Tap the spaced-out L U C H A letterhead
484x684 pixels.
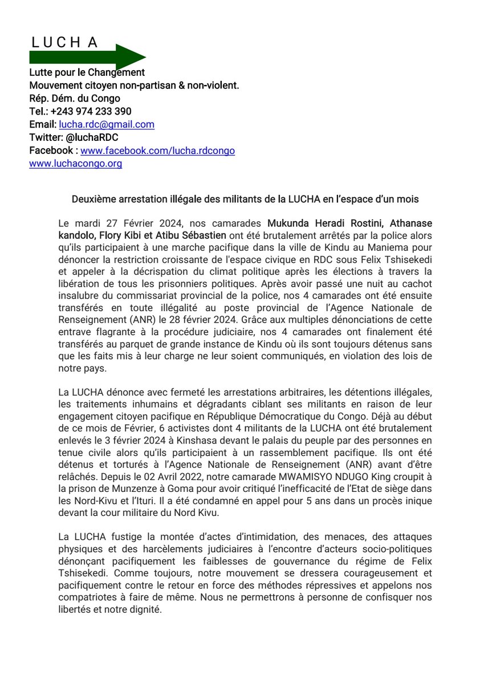point(64,42)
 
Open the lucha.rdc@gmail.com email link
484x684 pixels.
point(107,124)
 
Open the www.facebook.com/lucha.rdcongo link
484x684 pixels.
point(157,150)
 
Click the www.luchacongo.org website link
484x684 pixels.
point(76,164)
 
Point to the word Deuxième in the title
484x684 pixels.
point(92,199)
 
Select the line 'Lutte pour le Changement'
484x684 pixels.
point(87,72)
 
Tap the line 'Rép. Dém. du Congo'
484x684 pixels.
point(75,98)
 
